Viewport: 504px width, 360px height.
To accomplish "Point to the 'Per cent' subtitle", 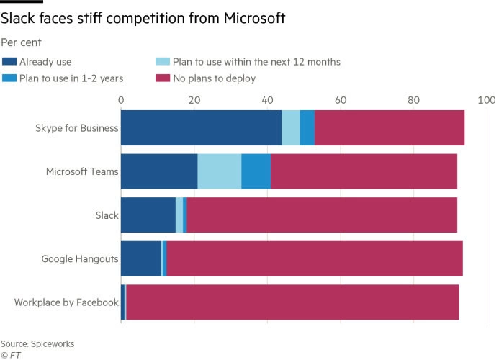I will click(x=21, y=43).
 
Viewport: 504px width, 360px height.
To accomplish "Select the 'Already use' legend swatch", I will click(x=9, y=62).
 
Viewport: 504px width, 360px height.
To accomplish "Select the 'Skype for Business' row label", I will click(x=77, y=128).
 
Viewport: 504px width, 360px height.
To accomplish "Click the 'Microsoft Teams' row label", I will click(x=82, y=171).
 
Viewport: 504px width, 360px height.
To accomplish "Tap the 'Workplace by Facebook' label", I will click(x=66, y=302).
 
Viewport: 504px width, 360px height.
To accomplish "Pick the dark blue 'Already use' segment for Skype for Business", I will click(x=201, y=128).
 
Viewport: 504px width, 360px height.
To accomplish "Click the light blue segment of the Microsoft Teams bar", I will click(x=219, y=171).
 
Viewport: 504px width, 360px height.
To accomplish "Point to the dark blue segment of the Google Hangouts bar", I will click(x=141, y=258).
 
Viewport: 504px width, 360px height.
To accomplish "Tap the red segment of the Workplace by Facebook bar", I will click(x=292, y=302).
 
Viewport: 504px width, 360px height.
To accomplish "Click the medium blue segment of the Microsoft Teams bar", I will click(x=256, y=171).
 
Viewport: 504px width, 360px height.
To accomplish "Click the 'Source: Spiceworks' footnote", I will click(x=37, y=344).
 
